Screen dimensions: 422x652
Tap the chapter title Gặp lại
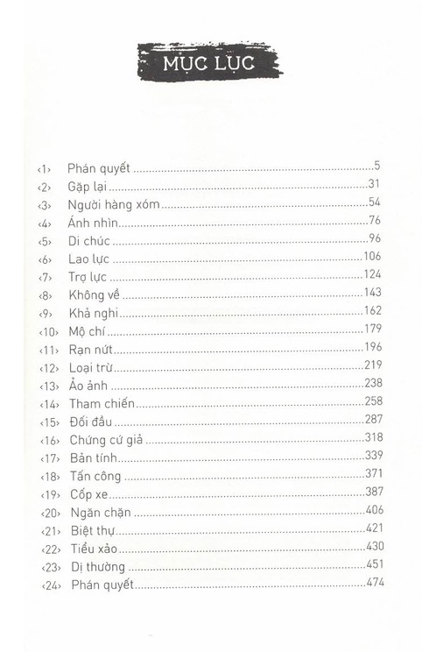tap(86, 185)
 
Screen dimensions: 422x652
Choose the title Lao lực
tap(88, 259)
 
